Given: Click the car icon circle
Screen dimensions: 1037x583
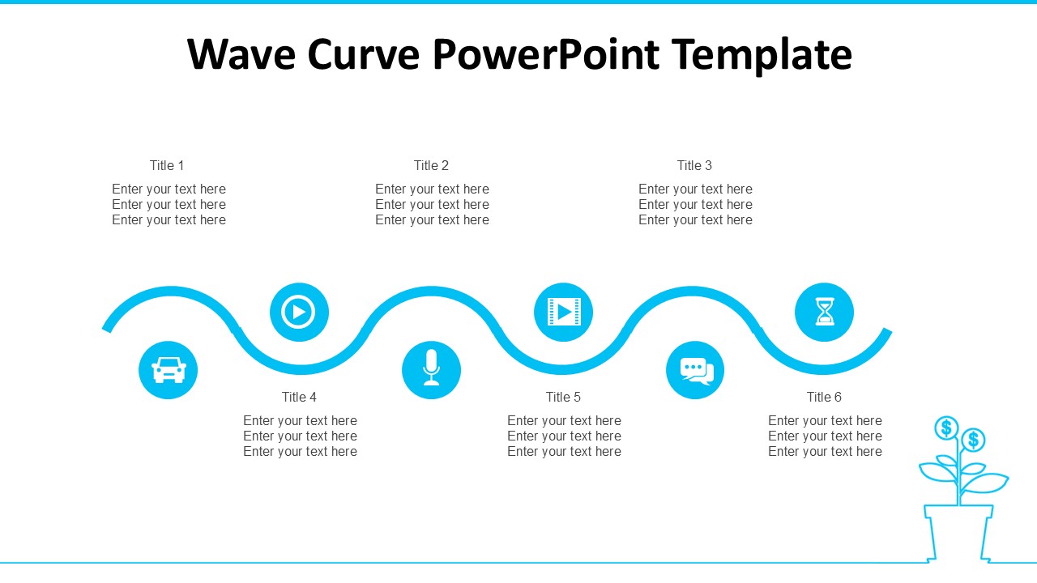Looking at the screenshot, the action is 168,370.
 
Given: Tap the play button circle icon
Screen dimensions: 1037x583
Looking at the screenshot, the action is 299,312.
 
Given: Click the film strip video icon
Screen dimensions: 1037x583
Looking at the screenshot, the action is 563,312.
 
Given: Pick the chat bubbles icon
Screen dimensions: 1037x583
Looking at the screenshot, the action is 695,370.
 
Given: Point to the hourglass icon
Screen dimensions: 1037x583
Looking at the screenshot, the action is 824,312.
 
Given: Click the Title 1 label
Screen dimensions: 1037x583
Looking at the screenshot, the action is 167,165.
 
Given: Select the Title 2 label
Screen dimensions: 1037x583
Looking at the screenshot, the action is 431,165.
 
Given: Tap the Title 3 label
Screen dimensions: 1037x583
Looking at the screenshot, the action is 694,165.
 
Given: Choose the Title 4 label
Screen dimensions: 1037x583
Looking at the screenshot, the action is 299,397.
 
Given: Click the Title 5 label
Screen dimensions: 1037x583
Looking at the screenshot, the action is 563,397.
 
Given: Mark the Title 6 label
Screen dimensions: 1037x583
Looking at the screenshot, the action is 824,397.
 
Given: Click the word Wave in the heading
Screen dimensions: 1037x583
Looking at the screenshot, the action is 241,54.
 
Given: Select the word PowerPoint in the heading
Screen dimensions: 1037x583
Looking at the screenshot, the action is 546,54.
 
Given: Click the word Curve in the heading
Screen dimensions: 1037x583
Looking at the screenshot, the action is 364,54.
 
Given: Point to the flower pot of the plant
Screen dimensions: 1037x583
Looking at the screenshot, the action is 958,533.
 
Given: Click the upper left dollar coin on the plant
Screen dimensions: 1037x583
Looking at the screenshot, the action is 946,428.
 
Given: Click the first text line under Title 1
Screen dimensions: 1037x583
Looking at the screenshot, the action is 169,189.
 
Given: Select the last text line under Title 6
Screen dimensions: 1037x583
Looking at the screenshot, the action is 825,452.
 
